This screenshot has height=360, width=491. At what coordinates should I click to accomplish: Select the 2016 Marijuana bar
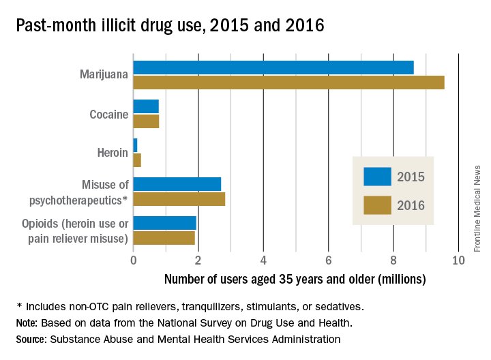(x=288, y=82)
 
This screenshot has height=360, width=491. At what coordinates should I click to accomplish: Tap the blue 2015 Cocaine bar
(x=146, y=107)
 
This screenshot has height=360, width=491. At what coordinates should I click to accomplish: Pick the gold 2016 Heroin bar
(x=137, y=160)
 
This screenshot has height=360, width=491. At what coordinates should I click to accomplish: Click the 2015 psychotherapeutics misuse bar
(x=177, y=184)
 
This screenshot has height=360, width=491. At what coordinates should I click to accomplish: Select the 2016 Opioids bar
(x=164, y=238)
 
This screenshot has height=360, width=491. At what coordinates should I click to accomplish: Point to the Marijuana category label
(x=103, y=75)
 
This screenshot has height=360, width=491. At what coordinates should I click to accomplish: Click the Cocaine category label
(x=109, y=114)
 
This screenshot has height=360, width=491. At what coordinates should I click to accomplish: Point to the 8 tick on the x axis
(x=393, y=260)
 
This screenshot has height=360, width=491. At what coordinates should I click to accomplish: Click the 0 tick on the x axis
(x=134, y=260)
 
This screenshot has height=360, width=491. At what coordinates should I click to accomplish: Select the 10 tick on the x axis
(x=458, y=260)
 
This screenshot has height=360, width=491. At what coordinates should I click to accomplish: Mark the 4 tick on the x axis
(x=263, y=260)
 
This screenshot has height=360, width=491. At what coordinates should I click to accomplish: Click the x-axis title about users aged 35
(x=295, y=279)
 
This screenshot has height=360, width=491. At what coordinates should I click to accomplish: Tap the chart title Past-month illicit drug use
(x=170, y=25)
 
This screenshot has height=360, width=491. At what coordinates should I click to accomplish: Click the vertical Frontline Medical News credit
(x=477, y=207)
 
